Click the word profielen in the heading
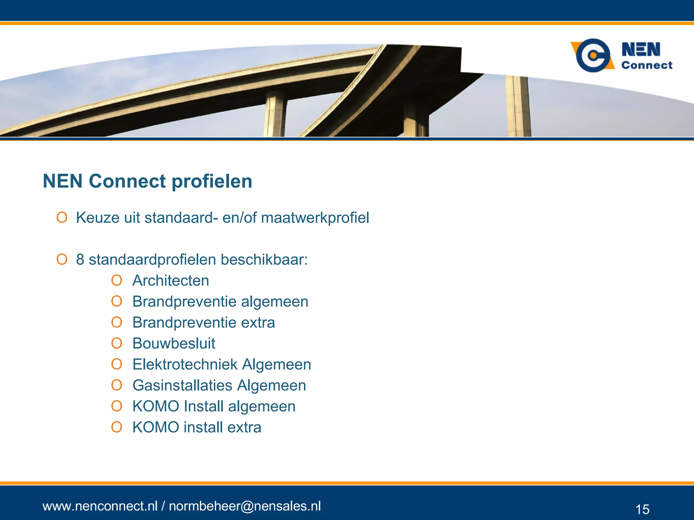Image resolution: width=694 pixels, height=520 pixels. (212, 181)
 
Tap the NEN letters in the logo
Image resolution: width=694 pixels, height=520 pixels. (641, 49)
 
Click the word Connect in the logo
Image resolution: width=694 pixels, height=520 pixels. (647, 65)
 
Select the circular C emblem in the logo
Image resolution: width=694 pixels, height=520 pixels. (593, 55)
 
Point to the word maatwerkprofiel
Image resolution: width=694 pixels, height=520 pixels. (315, 218)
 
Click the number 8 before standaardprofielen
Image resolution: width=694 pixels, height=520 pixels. (80, 260)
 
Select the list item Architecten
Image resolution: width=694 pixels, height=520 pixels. (170, 281)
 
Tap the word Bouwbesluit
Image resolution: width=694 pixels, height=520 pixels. (173, 344)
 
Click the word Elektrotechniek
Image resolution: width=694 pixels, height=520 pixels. (185, 365)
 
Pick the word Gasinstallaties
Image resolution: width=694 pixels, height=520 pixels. (182, 386)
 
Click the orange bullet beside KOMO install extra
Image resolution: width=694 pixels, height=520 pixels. (117, 427)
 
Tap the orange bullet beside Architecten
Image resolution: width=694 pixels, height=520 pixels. (117, 280)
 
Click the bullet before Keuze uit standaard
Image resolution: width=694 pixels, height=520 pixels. (62, 217)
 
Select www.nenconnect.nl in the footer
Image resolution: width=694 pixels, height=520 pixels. (100, 506)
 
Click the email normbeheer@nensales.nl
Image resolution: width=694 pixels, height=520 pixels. (245, 506)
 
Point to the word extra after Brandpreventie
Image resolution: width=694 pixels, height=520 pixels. (258, 323)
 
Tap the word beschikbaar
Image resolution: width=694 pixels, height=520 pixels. (264, 260)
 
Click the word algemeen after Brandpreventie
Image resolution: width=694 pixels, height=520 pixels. (274, 302)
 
